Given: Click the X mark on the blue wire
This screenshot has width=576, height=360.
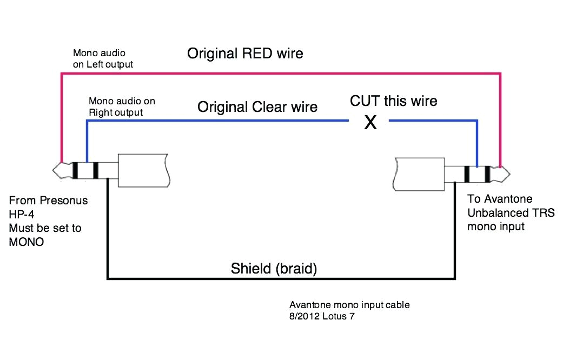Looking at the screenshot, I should [370, 123].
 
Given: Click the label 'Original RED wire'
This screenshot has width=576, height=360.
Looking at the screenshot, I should [245, 54].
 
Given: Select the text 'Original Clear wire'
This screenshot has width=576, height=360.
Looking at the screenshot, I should [257, 106].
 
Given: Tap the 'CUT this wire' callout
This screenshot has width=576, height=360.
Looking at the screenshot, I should [393, 101].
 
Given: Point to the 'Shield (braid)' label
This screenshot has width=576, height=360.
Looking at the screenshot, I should [274, 268].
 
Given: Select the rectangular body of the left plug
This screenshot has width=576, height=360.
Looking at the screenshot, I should [143, 171].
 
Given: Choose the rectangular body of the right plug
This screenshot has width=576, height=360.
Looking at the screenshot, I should [420, 174].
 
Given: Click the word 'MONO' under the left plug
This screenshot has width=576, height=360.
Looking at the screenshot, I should [26, 242].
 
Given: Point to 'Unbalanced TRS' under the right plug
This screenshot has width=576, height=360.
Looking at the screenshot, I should [511, 212].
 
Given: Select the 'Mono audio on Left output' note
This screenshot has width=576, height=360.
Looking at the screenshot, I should [103, 58].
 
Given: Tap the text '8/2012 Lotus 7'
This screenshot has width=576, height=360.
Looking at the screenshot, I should [322, 316].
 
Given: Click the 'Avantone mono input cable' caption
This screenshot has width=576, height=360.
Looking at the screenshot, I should [349, 305].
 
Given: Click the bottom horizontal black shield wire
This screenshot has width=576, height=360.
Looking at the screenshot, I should [281, 279].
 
